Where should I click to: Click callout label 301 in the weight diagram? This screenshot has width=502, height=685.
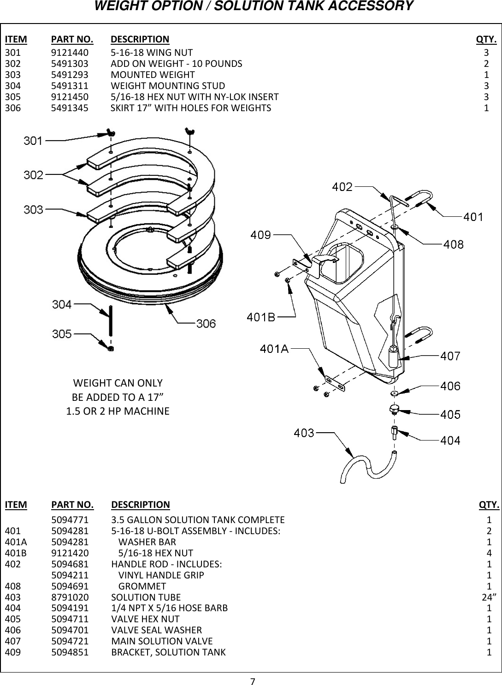pyautogui.click(x=33, y=140)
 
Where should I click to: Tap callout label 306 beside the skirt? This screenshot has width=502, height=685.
pyautogui.click(x=206, y=323)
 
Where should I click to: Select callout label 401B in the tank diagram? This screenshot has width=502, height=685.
pyautogui.click(x=261, y=317)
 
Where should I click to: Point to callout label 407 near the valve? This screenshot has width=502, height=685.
pyautogui.click(x=450, y=356)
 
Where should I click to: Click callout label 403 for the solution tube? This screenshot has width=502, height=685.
pyautogui.click(x=304, y=433)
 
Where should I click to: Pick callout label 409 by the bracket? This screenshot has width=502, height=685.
pyautogui.click(x=260, y=235)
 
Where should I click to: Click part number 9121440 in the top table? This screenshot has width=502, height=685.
pyautogui.click(x=70, y=52)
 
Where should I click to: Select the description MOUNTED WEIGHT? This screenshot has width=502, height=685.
pyautogui.click(x=153, y=74)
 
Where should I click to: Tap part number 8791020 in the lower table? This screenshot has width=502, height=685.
pyautogui.click(x=70, y=597)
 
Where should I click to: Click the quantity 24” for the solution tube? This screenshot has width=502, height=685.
pyautogui.click(x=489, y=597)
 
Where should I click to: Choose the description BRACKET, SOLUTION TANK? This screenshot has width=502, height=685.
pyautogui.click(x=169, y=652)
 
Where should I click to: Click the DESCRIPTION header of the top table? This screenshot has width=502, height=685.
pyautogui.click(x=140, y=39)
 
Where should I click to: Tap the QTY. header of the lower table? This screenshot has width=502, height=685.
pyautogui.click(x=489, y=505)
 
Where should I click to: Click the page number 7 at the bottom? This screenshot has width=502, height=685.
pyautogui.click(x=252, y=680)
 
